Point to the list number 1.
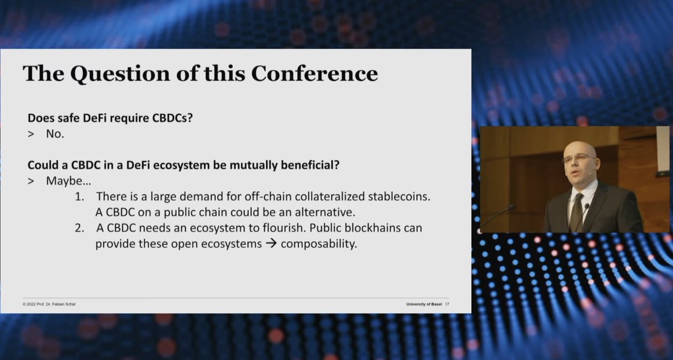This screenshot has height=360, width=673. (81, 197)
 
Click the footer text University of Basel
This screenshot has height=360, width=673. (424, 304)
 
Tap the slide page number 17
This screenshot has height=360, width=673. (446, 304)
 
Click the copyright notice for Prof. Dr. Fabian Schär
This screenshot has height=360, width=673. (52, 304)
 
